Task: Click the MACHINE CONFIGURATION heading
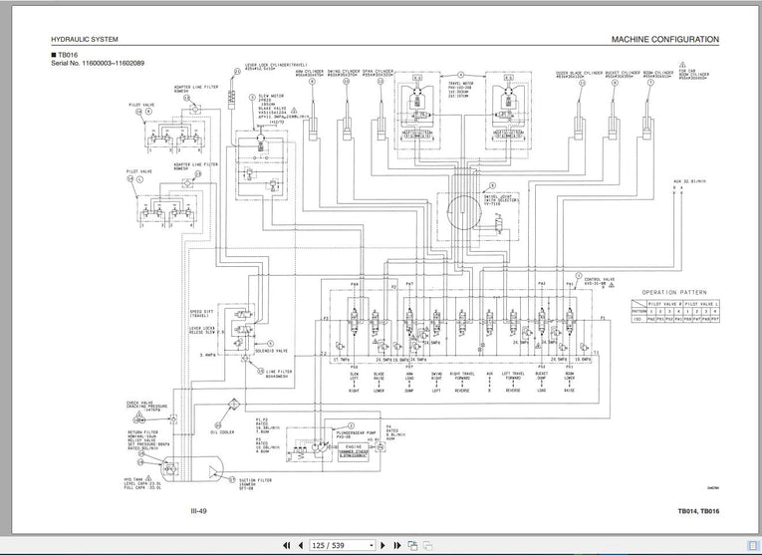click(x=664, y=40)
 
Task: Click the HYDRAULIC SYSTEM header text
click(x=85, y=40)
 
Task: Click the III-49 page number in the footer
click(x=199, y=513)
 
